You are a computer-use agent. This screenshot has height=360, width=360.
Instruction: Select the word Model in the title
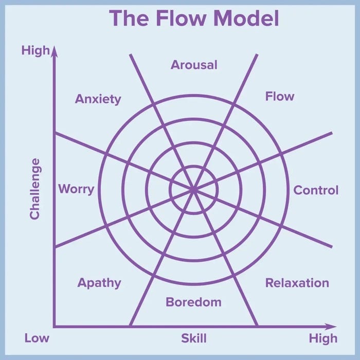pyautogui.click(x=246, y=19)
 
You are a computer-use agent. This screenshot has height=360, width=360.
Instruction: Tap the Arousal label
pyautogui.click(x=194, y=65)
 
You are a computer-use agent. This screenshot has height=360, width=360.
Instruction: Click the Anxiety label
pyautogui.click(x=98, y=99)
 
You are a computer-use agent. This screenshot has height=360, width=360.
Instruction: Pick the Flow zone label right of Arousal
pyautogui.click(x=280, y=96)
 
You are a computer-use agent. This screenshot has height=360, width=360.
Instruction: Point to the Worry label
pyautogui.click(x=76, y=189)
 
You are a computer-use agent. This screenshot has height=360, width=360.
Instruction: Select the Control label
pyautogui.click(x=316, y=190)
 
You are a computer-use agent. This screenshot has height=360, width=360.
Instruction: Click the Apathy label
pyautogui.click(x=99, y=282)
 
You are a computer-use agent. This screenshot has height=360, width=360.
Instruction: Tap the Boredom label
pyautogui.click(x=193, y=302)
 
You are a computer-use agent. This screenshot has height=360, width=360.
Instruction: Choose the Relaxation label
pyautogui.click(x=297, y=283)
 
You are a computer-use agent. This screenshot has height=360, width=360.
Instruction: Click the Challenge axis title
pyautogui.click(x=34, y=189)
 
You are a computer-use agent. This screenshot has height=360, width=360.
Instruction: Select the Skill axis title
pyautogui.click(x=193, y=338)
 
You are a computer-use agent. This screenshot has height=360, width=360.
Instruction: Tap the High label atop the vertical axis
pyautogui.click(x=35, y=50)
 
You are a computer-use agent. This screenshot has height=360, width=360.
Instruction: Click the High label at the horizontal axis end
pyautogui.click(x=323, y=338)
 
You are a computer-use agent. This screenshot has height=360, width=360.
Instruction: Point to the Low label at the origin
pyautogui.click(x=37, y=338)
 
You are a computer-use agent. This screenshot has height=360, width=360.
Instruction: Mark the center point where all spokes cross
pyautogui.click(x=194, y=190)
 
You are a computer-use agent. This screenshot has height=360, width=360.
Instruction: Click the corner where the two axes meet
pyautogui.click(x=54, y=327)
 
